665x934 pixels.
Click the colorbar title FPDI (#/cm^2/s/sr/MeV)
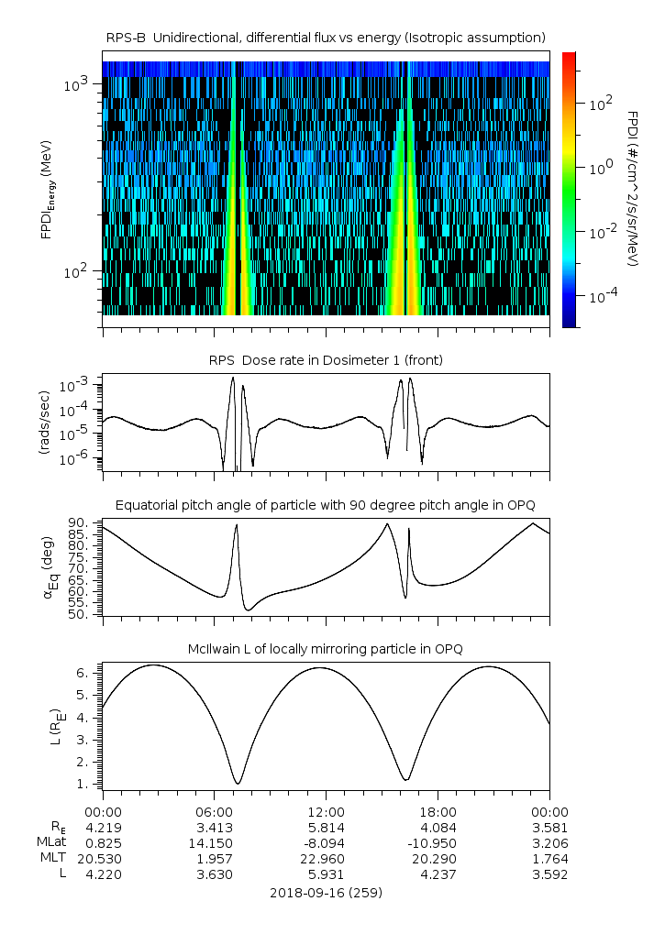pos(633,188)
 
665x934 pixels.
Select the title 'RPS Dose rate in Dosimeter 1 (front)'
pos(326,360)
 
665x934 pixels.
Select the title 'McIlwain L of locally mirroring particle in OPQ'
pos(326,649)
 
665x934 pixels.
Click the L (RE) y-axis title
pos(50,724)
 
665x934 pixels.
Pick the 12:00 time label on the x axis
pos(326,811)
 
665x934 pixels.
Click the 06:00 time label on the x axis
pos(214,811)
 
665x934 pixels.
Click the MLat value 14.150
pos(214,842)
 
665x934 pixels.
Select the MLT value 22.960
pos(326,858)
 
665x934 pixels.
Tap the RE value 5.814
pos(326,827)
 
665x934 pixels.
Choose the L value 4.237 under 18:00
pos(438,874)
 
